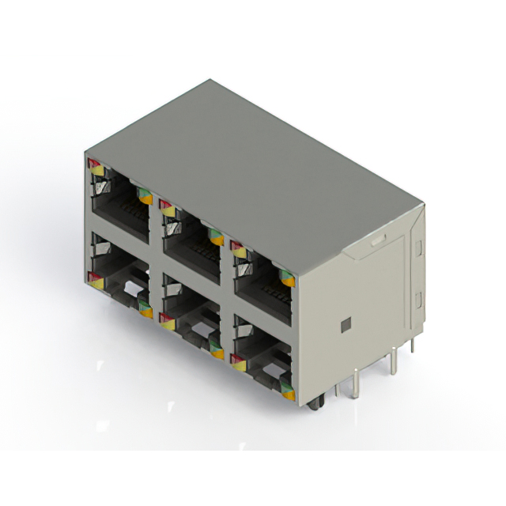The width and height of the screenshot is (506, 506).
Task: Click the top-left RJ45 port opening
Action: point(119,203)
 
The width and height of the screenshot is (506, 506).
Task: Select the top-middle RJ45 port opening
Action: point(191,240)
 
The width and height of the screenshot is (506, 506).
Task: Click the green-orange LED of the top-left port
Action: point(145,195)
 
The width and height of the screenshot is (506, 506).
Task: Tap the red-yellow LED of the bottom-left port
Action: point(95,279)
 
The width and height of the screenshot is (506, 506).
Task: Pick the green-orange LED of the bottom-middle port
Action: point(217,349)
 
